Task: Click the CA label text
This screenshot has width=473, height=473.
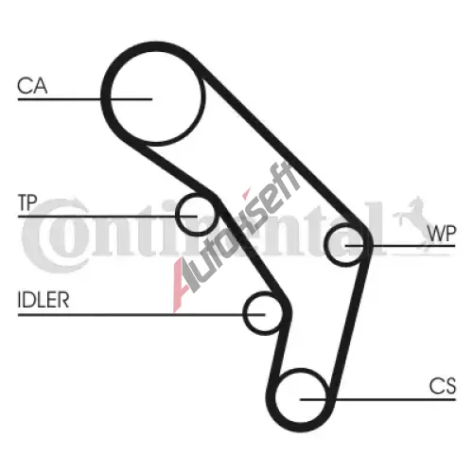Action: (32, 85)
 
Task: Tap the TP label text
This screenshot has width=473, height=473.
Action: (27, 202)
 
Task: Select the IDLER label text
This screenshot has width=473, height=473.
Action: (44, 300)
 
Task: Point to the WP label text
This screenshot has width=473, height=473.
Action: (441, 234)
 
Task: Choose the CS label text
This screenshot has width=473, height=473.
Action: (443, 386)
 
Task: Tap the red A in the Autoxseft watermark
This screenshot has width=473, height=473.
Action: (183, 282)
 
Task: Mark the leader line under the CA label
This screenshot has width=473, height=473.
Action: (85, 99)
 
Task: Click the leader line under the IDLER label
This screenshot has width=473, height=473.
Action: (141, 314)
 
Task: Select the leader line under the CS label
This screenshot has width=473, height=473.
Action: (378, 399)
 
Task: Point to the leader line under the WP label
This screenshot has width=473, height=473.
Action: (400, 245)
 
